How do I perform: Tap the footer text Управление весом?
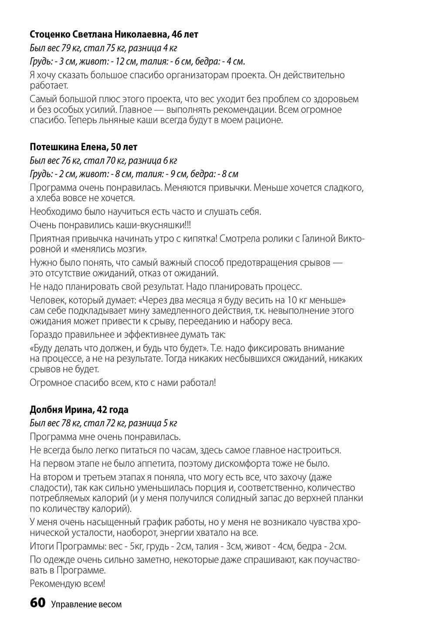tap(86, 604)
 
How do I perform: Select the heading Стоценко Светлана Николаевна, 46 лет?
tap(114, 34)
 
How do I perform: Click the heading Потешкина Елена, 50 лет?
tap(83, 147)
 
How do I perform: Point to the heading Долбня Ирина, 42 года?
tap(79, 410)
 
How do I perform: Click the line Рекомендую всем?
tap(68, 584)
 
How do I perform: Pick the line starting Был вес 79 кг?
tap(103, 48)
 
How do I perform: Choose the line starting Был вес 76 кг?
tap(103, 161)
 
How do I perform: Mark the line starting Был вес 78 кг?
tap(103, 423)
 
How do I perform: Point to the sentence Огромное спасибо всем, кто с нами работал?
tap(123, 383)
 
